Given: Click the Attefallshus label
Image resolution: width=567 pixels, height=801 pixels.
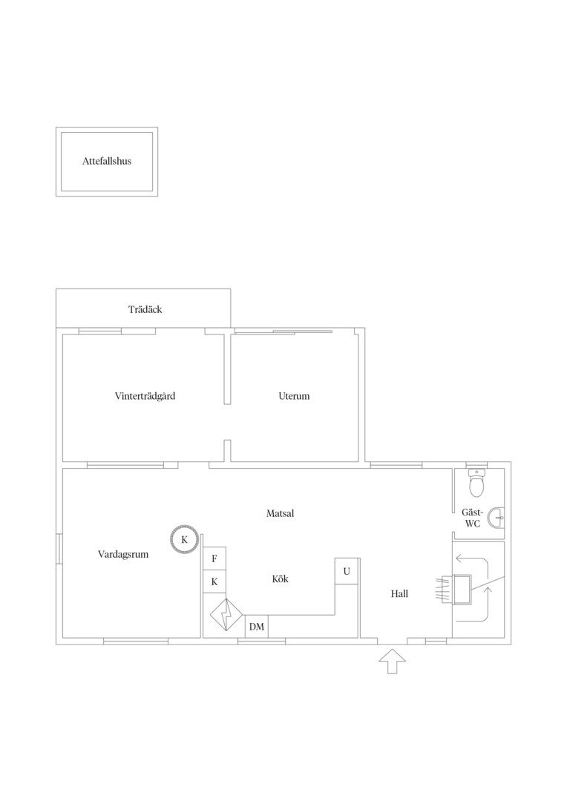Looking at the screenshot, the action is pos(107,161).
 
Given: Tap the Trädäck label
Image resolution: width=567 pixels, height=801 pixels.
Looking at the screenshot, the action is pos(145,309).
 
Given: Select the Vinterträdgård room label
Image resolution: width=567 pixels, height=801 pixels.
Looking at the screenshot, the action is pos(145,396).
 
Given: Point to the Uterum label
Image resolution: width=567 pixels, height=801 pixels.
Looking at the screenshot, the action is pos(294,396).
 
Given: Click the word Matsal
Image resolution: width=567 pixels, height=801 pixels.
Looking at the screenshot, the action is pos(281,513).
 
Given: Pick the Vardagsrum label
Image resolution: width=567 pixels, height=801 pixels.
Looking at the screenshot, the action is pos(123,554).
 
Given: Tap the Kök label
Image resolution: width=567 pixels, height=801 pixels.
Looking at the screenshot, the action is pos(281,578).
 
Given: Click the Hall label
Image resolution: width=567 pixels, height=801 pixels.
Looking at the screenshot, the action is pos(399,593).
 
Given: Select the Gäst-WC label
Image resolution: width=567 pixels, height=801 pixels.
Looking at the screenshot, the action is pos(473,518).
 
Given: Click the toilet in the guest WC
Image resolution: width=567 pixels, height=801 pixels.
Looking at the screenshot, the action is pos(477,483).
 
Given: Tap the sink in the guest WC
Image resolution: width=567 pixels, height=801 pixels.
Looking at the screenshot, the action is pos(496,518).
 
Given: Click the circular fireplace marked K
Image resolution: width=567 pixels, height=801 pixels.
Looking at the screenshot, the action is pos(185,539).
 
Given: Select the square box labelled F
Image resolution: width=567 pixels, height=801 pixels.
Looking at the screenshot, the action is pos(214,558).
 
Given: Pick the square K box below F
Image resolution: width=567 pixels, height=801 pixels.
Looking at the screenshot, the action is pos(214,582).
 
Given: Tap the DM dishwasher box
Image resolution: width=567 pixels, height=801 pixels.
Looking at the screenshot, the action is pos(257,626).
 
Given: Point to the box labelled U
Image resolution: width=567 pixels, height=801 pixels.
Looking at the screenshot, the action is pos(347,571).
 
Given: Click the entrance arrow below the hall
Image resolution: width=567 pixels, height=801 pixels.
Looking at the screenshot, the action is pos(392,662).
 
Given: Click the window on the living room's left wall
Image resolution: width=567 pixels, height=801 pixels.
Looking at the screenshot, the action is pos(59,549).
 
